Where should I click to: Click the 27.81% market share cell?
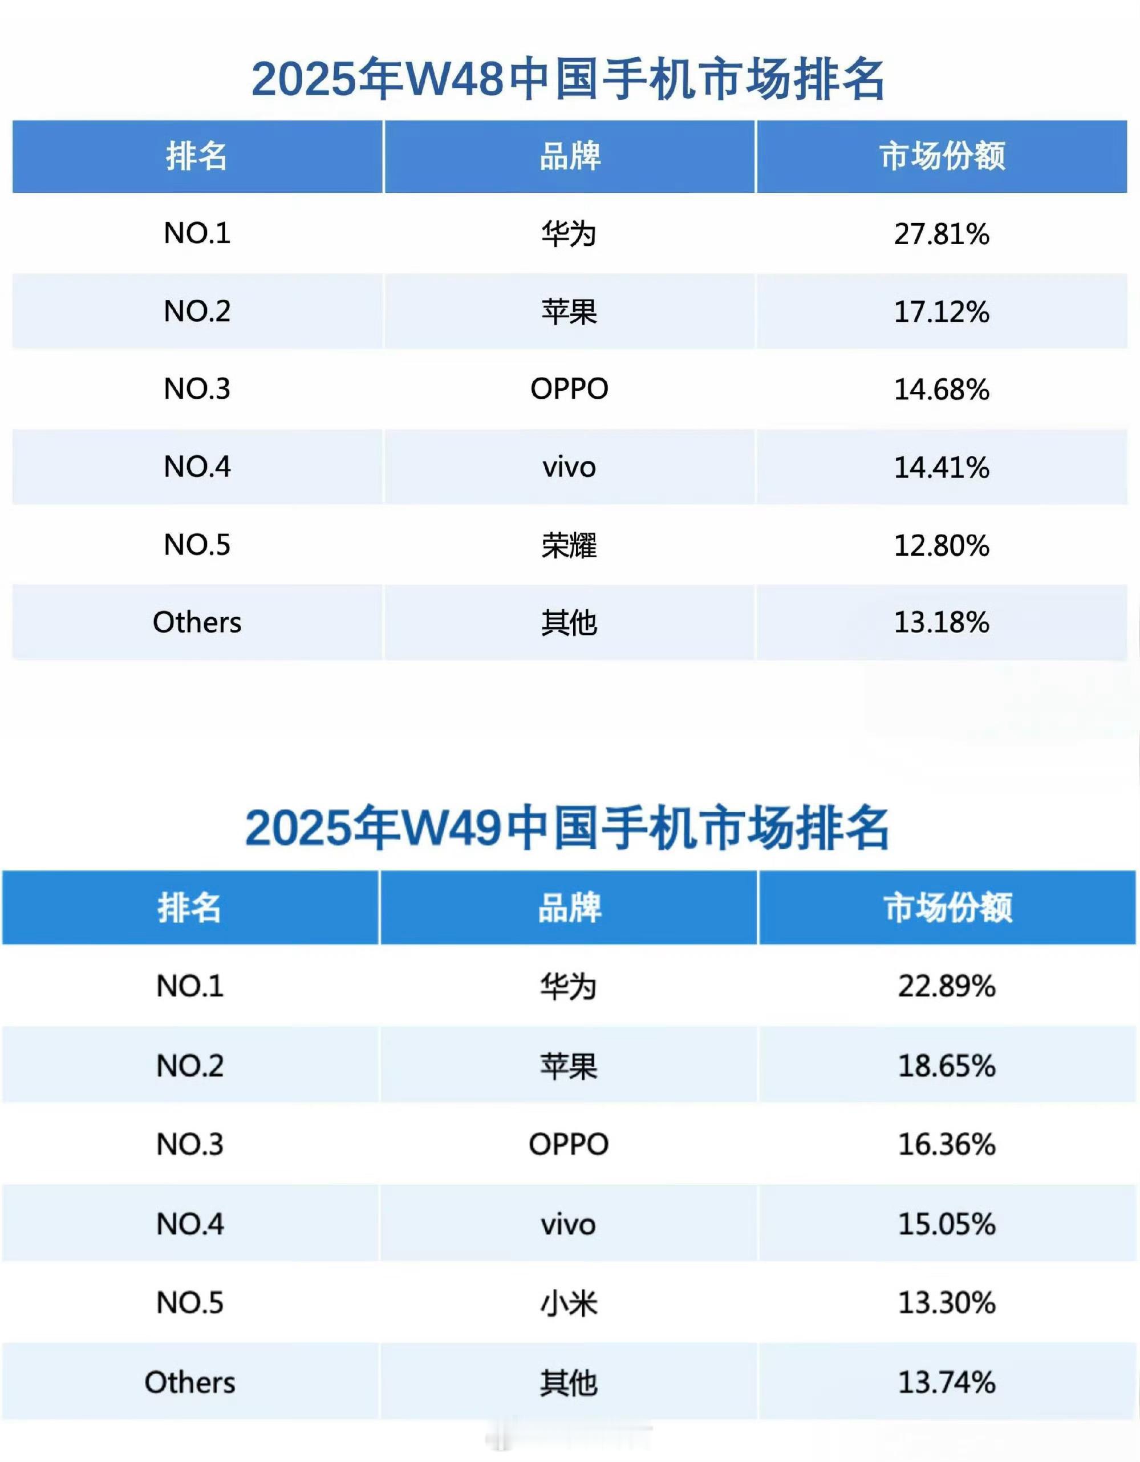[941, 234]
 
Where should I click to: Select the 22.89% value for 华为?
[946, 986]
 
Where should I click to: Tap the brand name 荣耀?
[569, 545]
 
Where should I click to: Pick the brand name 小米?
[569, 1303]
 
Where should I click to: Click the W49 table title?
[567, 829]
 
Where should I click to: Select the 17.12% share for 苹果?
[941, 311]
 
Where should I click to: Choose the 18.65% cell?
[946, 1066]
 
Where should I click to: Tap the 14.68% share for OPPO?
[941, 389]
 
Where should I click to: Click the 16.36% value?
[946, 1145]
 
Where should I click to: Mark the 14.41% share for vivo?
[941, 467]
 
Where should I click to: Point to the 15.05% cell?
[946, 1224]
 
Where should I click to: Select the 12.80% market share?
[941, 545]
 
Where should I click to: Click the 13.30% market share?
[946, 1303]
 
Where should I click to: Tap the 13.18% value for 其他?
[941, 622]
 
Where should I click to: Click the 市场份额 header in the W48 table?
[941, 156]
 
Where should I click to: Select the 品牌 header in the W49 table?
[569, 908]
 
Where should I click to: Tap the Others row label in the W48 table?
[197, 622]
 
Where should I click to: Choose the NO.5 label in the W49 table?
[189, 1303]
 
